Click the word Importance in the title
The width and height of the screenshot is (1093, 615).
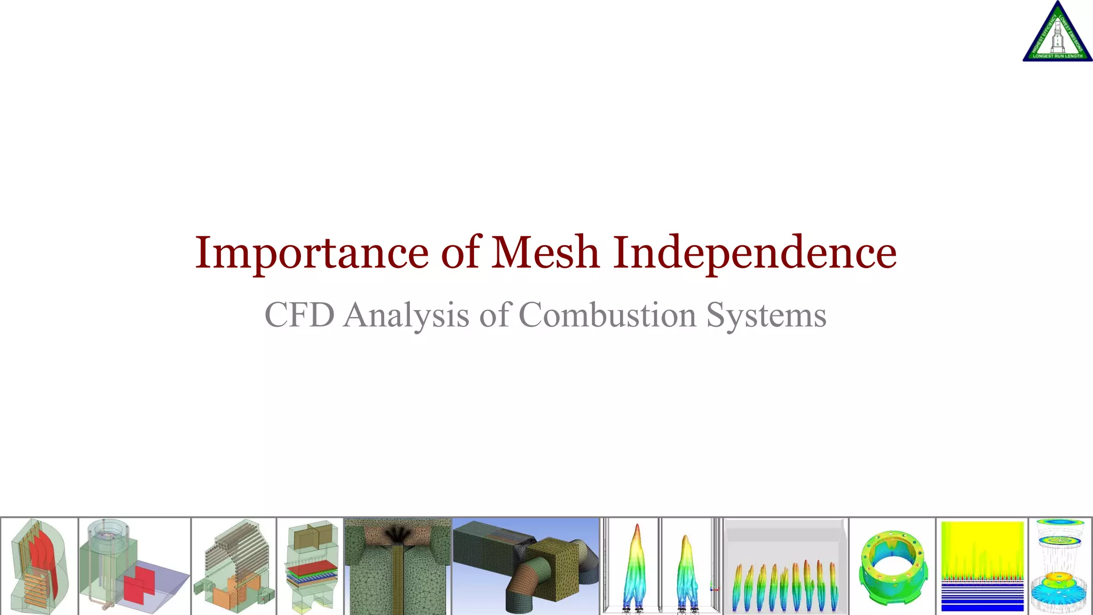point(311,253)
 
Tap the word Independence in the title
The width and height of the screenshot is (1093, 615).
point(755,253)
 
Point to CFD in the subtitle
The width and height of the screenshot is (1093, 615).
point(299,314)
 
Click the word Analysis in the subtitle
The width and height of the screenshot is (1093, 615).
point(406,316)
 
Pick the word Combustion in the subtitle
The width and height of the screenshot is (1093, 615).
point(607,314)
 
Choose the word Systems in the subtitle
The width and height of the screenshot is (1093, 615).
point(766,316)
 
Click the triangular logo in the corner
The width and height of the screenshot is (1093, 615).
point(1057,33)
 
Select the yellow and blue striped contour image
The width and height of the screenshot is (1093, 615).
point(982,566)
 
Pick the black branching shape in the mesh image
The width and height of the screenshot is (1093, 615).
point(397,534)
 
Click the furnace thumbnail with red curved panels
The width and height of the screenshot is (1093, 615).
point(39,566)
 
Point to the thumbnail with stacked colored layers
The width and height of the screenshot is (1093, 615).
point(311,566)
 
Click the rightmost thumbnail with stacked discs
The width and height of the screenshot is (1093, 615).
point(1060,566)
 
